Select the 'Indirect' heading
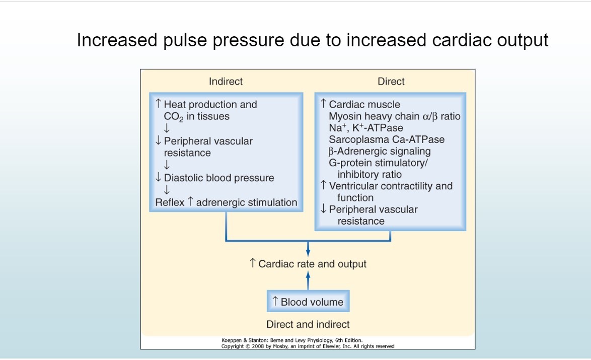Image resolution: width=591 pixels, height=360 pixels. [226, 82]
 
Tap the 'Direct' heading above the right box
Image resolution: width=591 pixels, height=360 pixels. [391, 82]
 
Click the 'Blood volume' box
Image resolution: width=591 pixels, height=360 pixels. [308, 302]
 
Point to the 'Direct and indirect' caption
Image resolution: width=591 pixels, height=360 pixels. [308, 324]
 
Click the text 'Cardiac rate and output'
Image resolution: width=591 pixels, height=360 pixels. [312, 264]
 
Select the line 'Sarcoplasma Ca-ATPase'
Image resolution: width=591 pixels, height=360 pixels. [387, 139]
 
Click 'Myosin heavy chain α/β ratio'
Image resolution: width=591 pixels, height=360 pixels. [395, 116]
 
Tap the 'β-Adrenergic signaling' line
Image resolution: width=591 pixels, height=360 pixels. [380, 151]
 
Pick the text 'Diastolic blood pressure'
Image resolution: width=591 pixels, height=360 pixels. [218, 178]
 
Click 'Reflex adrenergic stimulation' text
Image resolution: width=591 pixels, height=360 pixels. [226, 202]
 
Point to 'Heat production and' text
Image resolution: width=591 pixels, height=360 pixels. [210, 105]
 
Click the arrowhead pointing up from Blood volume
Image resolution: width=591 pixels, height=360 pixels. [308, 275]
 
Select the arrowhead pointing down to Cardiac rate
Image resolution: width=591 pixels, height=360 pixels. [308, 252]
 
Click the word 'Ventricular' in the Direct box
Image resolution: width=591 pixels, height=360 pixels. [355, 186]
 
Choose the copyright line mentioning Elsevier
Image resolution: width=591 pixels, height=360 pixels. [308, 346]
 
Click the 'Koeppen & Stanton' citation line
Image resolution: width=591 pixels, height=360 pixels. [292, 340]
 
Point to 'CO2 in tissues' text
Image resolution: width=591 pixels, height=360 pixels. [197, 117]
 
